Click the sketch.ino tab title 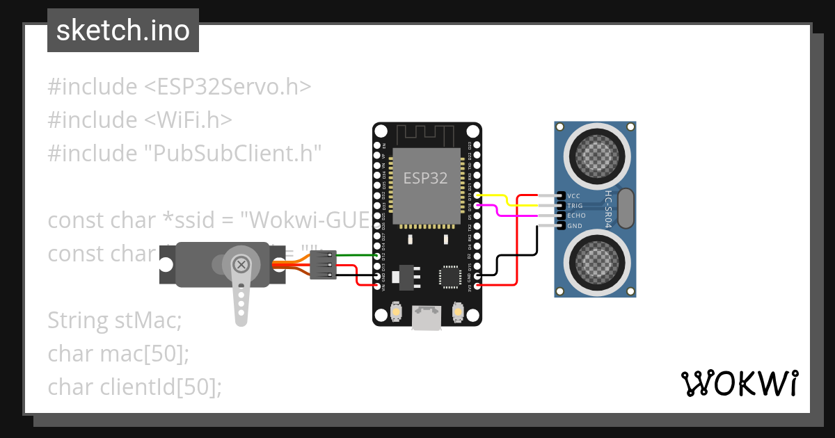(x=122, y=31)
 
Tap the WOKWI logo (x=739, y=383)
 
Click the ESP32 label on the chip (x=425, y=178)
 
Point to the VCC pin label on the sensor (x=574, y=196)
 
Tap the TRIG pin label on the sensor (x=575, y=206)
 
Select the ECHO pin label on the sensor (x=576, y=216)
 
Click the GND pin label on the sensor (x=575, y=226)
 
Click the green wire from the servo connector (x=356, y=256)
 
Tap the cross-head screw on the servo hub (x=241, y=264)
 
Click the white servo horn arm (x=240, y=302)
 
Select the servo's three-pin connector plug (x=323, y=265)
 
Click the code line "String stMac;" (x=114, y=321)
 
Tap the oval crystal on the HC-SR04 (x=626, y=209)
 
